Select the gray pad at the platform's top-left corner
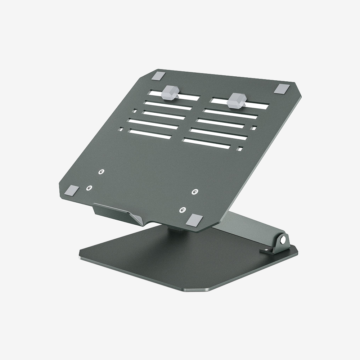click(x=158, y=76)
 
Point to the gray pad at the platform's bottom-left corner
click(x=73, y=190)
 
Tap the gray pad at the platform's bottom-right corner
click(x=195, y=220)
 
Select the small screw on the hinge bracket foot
click(x=267, y=249)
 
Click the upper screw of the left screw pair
click(x=102, y=172)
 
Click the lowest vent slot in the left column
click(x=149, y=135)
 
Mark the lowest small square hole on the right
click(x=240, y=148)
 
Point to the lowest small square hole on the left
click(x=121, y=129)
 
